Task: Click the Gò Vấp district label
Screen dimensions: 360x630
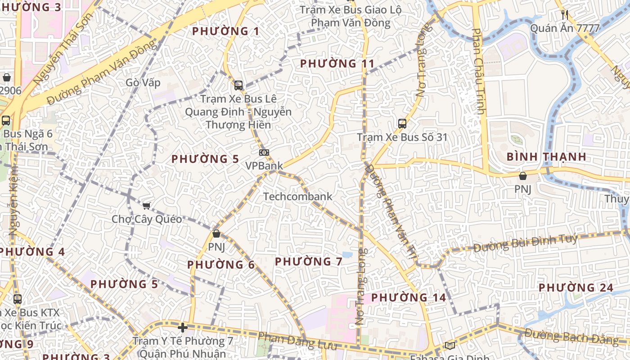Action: pyautogui.click(x=143, y=83)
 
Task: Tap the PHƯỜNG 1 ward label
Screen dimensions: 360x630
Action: pyautogui.click(x=226, y=31)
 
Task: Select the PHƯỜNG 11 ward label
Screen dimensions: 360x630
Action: pyautogui.click(x=337, y=63)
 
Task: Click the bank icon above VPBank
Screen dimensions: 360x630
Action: pyautogui.click(x=264, y=153)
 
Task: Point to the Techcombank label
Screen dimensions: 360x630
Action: pyautogui.click(x=297, y=197)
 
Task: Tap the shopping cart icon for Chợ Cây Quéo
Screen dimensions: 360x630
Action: pyautogui.click(x=146, y=206)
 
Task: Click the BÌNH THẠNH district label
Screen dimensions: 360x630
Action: pyautogui.click(x=546, y=157)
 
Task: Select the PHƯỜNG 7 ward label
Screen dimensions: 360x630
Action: pyautogui.click(x=309, y=261)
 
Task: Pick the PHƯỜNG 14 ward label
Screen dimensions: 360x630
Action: pyautogui.click(x=409, y=297)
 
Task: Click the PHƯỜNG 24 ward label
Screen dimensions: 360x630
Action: pyautogui.click(x=576, y=288)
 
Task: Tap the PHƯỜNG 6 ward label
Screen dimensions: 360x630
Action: pyautogui.click(x=221, y=265)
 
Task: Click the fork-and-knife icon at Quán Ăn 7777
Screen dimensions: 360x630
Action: pyautogui.click(x=565, y=15)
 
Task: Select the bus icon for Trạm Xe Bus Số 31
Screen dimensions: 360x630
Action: pyautogui.click(x=402, y=123)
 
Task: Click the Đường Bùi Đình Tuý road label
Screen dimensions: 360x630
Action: pyautogui.click(x=525, y=243)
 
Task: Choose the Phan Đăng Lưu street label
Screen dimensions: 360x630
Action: pyautogui.click(x=297, y=341)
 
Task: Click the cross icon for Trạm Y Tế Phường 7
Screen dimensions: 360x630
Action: pyautogui.click(x=183, y=328)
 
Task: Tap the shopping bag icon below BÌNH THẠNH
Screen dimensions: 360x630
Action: pyautogui.click(x=522, y=176)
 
